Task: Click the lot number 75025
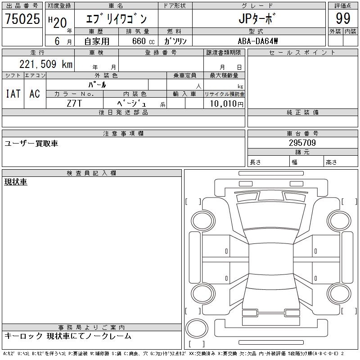22,18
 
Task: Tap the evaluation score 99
343,18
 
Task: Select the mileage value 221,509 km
46,64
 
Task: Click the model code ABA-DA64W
258,41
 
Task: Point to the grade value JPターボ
256,18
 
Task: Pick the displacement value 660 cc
143,41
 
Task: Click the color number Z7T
74,103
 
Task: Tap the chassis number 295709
302,143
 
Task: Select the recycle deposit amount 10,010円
227,103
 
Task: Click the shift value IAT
13,94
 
